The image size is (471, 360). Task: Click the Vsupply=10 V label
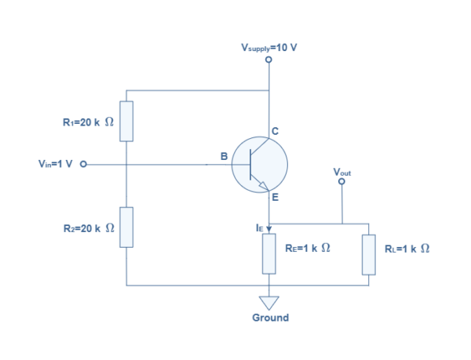(268, 48)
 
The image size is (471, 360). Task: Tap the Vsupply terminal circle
(269, 60)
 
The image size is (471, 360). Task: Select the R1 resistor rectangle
(126, 121)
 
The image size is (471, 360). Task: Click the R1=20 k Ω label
(88, 122)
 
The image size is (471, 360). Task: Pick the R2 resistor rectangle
(126, 227)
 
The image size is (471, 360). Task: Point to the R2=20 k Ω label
(88, 227)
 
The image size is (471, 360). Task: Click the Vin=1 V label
(55, 165)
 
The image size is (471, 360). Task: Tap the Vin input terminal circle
(83, 165)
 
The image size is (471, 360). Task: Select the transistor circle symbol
(260, 165)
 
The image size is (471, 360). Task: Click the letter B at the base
(224, 157)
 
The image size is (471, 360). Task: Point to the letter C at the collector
(276, 130)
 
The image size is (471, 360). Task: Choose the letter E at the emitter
(275, 198)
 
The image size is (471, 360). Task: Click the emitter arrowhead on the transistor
(265, 187)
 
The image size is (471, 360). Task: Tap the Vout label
(341, 171)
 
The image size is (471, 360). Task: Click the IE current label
(259, 227)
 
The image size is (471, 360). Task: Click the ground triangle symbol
(269, 300)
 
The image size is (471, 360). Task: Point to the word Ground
(269, 318)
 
